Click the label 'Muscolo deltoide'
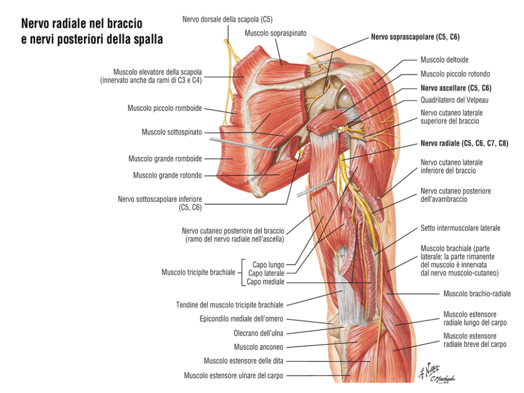[444, 60]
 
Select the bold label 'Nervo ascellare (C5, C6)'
[456, 88]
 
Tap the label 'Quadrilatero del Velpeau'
[454, 100]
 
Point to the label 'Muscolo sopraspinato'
[275, 33]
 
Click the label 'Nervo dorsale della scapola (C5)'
[227, 20]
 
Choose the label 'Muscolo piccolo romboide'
[165, 108]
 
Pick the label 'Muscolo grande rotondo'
[167, 175]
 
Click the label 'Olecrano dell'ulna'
[258, 333]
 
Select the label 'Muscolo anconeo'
[259, 347]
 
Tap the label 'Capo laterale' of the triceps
[266, 274]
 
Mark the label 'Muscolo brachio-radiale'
[477, 294]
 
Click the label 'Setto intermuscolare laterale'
[460, 228]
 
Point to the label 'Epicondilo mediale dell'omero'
[241, 319]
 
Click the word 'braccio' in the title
[125, 24]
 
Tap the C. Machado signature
[442, 379]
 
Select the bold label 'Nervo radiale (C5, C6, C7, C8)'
[464, 143]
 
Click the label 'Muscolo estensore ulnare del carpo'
[233, 376]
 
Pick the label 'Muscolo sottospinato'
[172, 132]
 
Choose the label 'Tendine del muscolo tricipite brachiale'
[230, 305]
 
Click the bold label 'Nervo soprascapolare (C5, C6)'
[415, 37]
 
